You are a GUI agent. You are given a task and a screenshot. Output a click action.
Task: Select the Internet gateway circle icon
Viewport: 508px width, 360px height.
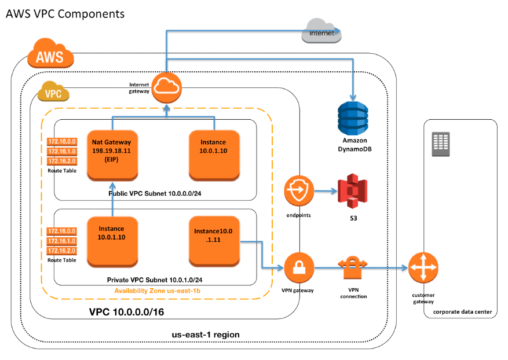[x=166, y=88]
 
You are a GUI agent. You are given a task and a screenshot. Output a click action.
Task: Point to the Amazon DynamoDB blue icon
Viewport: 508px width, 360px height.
[x=354, y=119]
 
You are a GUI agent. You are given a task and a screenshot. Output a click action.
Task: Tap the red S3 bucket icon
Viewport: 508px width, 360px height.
[x=353, y=192]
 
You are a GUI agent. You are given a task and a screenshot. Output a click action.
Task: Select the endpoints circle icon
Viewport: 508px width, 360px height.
[x=299, y=192]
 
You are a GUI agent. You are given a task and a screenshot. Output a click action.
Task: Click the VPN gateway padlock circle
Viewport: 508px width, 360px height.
[x=299, y=268]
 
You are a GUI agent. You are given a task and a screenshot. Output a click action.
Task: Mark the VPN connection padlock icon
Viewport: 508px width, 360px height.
[x=353, y=268]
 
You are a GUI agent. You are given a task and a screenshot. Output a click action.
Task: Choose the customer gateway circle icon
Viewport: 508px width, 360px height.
[x=424, y=268]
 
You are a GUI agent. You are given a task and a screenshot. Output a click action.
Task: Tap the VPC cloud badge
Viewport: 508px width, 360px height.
[x=53, y=93]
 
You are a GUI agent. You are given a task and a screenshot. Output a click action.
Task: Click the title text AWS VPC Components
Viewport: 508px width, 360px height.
[x=65, y=13]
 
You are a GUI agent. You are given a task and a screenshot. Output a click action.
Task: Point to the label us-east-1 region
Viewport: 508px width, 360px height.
[x=206, y=335]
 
